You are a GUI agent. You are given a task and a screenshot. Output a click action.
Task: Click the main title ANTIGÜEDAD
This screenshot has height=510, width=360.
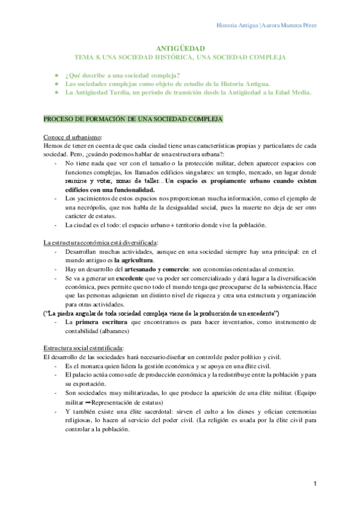180,48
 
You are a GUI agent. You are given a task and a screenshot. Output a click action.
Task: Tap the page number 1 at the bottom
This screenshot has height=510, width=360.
315,484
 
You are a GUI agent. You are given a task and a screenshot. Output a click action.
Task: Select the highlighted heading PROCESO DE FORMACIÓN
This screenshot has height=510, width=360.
133,120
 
